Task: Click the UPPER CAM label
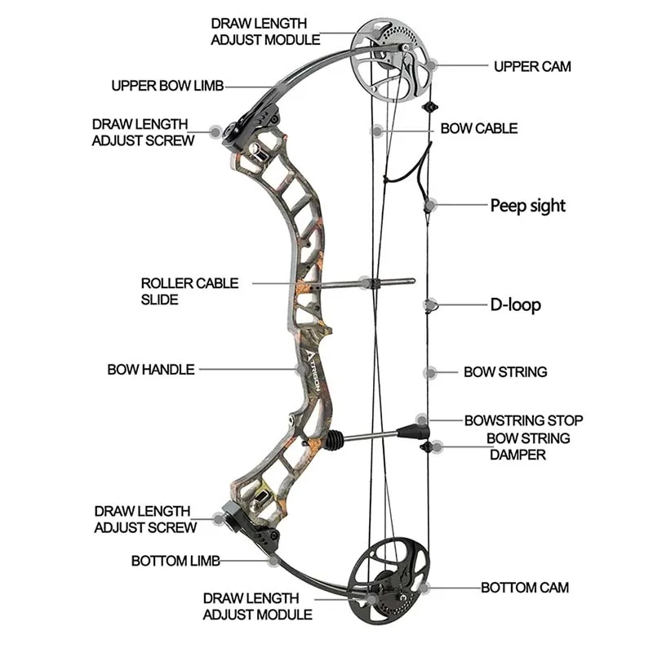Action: tap(531, 66)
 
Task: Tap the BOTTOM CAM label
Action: tap(524, 587)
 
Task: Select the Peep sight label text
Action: tap(527, 205)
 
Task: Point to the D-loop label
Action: tap(515, 305)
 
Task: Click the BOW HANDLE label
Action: tap(151, 369)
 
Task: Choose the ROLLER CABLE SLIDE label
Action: tap(189, 291)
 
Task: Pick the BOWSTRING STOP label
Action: tap(523, 420)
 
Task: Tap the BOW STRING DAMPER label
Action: tap(528, 446)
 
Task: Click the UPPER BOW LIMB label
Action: tap(167, 85)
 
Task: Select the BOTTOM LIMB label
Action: tap(175, 561)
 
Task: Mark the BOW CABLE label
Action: tap(478, 128)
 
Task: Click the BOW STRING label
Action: tap(504, 371)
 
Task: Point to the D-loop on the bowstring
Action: tap(431, 305)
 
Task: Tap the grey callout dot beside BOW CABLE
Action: tap(376, 130)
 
